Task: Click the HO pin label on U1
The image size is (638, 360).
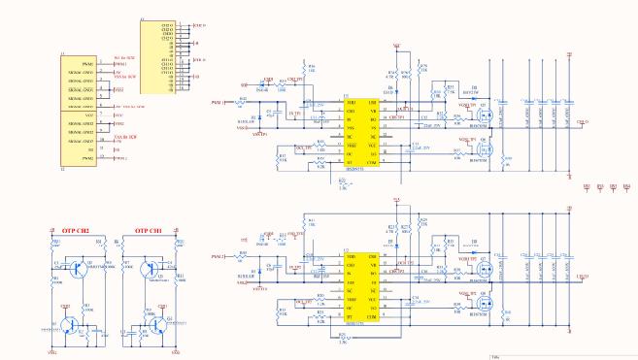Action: (372, 119)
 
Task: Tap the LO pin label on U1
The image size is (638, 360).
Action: (372, 153)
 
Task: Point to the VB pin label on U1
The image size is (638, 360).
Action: (372, 111)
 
